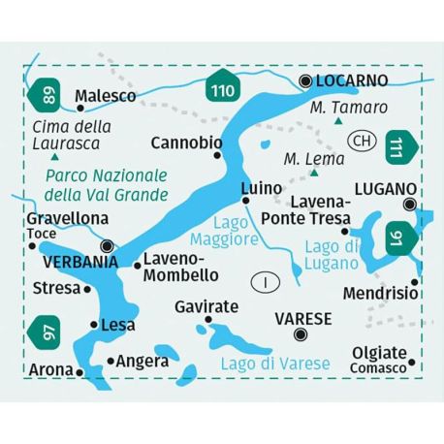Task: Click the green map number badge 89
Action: [46, 95]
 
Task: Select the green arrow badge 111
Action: [400, 147]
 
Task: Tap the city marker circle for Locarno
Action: [306, 81]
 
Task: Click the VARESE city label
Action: [302, 317]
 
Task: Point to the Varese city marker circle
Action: [301, 335]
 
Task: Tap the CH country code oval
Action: [363, 142]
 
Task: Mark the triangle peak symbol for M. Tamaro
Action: [337, 122]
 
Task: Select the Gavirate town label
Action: [206, 307]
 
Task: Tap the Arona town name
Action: [50, 370]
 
